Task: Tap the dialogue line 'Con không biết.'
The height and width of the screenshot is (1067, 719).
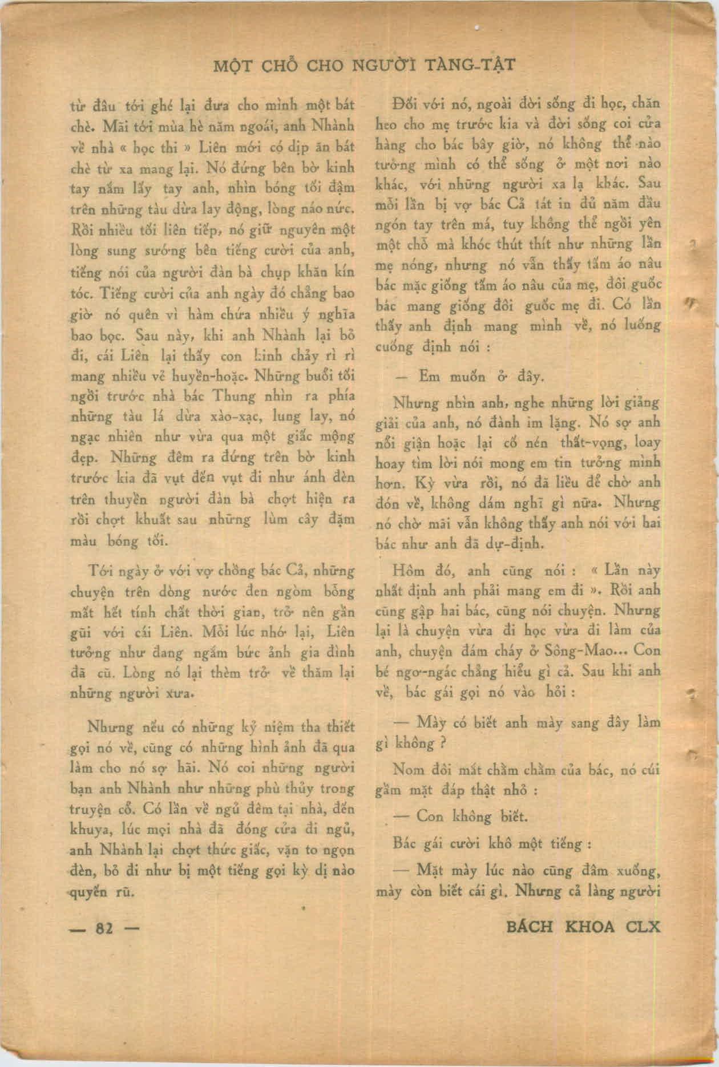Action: coord(471,816)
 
